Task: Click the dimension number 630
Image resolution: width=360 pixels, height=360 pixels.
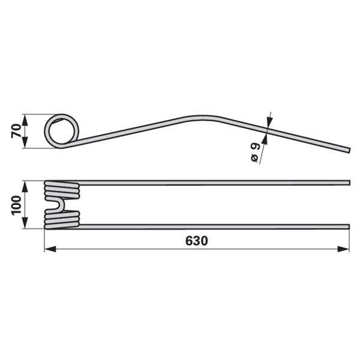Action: [197, 241]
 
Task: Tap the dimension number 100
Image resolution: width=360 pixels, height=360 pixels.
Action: [16, 205]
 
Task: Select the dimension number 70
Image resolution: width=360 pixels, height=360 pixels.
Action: [16, 131]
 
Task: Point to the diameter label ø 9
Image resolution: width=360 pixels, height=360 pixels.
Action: [255, 152]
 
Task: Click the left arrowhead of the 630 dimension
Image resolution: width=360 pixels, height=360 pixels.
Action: [50, 249]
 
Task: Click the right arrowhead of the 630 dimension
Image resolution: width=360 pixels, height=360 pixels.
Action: [343, 249]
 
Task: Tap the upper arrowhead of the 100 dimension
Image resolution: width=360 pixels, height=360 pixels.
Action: [25, 187]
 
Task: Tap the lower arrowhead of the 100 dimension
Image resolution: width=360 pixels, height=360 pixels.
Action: [25, 223]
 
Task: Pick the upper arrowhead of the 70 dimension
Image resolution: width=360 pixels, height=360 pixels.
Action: [25, 119]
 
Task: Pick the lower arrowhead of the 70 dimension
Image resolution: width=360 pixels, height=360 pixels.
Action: [25, 143]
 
